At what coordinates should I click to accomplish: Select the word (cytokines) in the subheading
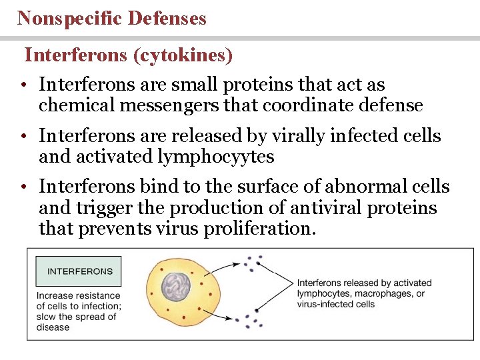[x=183, y=55]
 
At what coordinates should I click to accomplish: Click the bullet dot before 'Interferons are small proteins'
[x=23, y=86]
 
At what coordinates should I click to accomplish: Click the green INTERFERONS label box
[x=79, y=271]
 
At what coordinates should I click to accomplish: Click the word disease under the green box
[x=53, y=327]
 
